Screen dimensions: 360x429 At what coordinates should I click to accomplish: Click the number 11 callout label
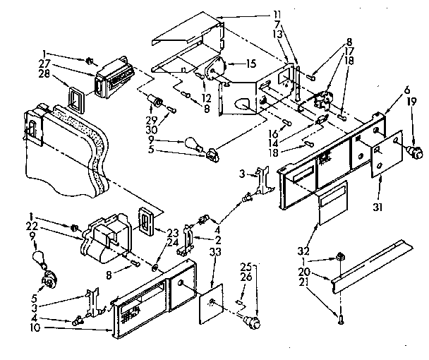click(296, 13)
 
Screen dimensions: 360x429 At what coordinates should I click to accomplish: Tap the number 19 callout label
click(410, 102)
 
